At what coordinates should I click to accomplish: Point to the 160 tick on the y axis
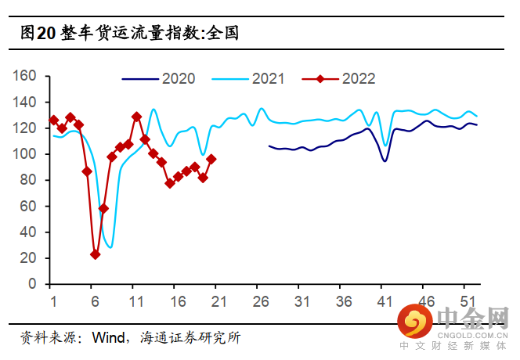pos(26,76)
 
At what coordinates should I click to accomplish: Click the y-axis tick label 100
pos(26,154)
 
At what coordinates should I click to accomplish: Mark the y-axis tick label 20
pos(30,258)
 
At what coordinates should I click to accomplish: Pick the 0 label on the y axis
pos(34,284)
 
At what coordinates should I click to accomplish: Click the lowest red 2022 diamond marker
pos(95,254)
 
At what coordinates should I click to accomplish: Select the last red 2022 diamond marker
pos(211,159)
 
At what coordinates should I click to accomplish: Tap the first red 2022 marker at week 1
pos(53,121)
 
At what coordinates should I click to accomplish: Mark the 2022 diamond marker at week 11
pos(136,117)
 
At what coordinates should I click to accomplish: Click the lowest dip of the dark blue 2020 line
pos(385,161)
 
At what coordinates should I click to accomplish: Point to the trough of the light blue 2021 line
pos(110,247)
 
